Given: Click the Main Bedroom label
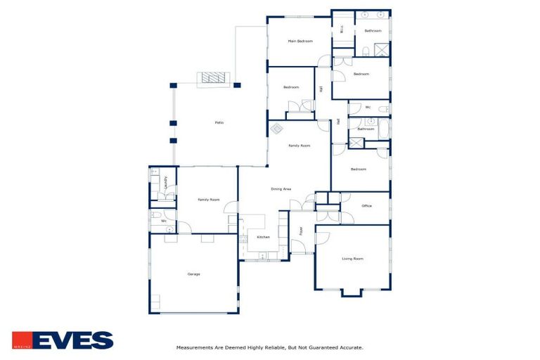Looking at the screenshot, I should point(300,41).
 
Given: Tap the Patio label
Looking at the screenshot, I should point(219,123).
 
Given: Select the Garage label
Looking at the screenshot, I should point(193,274).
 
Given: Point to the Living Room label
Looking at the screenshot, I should point(352,259).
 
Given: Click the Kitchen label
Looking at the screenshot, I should point(263,237).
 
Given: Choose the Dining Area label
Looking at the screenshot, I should point(281,188).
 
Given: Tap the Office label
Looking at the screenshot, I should point(366,206).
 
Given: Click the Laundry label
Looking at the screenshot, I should point(165,183).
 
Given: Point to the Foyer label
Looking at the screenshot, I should point(301,231).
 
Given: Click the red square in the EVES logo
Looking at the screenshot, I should point(21,340).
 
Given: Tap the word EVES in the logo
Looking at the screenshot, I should point(72,340).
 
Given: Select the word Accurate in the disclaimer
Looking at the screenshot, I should point(349,347).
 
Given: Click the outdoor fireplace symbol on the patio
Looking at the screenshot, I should point(213,78).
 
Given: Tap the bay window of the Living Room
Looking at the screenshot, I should point(352,292).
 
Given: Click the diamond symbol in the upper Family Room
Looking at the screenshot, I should point(277,129).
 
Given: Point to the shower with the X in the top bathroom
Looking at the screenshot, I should point(381,49).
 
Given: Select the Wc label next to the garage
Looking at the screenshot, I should point(164,221).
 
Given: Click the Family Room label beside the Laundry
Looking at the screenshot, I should point(209,200).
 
